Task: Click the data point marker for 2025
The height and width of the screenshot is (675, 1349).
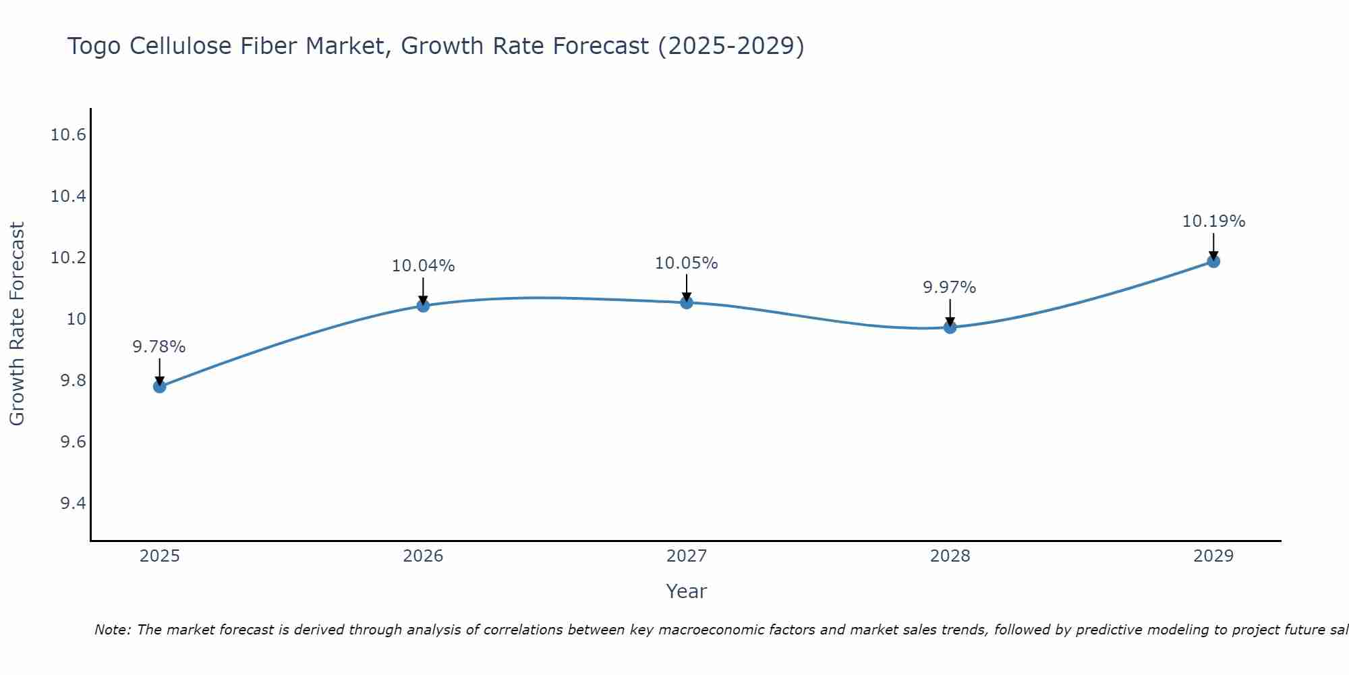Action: coord(160,387)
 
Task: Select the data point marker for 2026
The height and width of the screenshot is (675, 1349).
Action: coord(423,306)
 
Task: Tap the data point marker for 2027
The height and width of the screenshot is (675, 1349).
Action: coord(687,302)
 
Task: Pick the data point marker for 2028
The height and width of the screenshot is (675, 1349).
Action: coord(950,327)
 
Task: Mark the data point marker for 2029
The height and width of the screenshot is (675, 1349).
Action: coord(1213,261)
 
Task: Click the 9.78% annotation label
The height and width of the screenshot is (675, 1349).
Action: coord(159,347)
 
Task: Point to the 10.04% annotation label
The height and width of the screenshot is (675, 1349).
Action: coord(423,266)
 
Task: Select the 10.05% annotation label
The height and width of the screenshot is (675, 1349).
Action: coord(687,263)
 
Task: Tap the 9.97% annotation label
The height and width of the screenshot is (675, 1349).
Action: coord(950,288)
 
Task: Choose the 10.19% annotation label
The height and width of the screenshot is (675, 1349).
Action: coord(1213,221)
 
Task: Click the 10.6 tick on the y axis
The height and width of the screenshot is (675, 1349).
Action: coord(69,135)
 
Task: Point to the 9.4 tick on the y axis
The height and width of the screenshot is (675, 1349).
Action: coord(73,504)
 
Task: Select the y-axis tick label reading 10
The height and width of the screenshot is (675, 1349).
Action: coord(76,319)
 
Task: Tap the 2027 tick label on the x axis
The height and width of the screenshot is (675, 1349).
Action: coord(687,556)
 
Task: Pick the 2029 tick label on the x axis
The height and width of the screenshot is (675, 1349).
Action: coord(1213,556)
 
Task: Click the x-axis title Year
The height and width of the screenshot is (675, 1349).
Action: coord(686,591)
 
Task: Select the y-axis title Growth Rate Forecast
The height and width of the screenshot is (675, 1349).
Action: coord(17,324)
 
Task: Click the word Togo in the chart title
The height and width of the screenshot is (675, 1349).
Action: coord(94,47)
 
